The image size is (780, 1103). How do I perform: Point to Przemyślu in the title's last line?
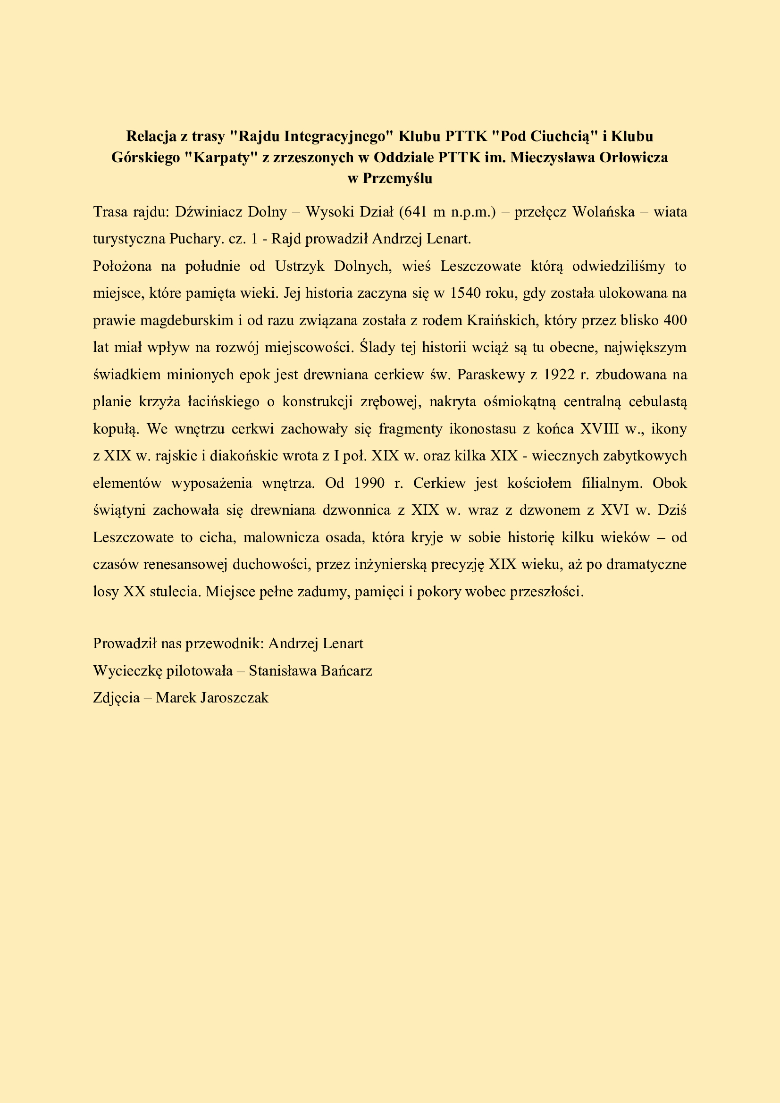[x=397, y=178]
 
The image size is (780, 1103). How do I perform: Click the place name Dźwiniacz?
[x=209, y=212]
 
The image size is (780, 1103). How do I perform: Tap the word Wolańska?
[x=604, y=212]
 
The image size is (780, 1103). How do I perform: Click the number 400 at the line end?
[x=675, y=320]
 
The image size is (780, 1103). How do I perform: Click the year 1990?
[x=369, y=483]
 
